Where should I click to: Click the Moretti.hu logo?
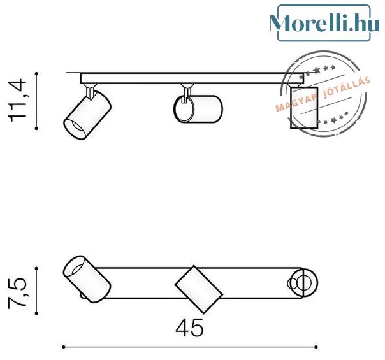[324, 23]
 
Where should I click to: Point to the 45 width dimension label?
[189, 328]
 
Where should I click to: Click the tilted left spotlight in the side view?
[87, 115]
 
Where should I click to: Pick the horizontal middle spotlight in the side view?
[198, 109]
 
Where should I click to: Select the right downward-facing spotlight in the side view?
[304, 108]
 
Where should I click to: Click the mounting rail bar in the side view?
[192, 78]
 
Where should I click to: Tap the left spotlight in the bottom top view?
[87, 279]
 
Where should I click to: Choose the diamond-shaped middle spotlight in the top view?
[199, 289]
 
